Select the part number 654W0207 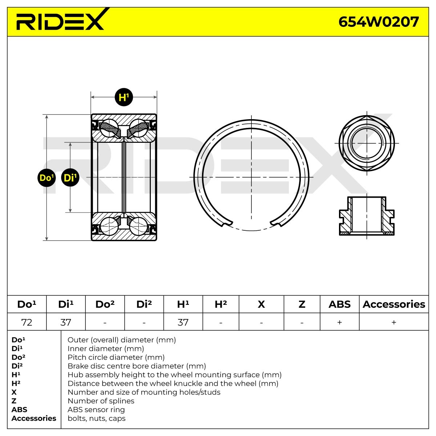coord(379,22)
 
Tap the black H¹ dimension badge coord(124,97)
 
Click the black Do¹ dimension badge coord(47,178)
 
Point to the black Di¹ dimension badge coord(70,178)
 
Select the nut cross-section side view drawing coord(367,216)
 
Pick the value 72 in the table coord(27,322)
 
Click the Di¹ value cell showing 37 coord(66,322)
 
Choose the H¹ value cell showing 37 coord(183,322)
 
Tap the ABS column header coord(339,304)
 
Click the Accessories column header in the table coord(394,304)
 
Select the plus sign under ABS coord(339,322)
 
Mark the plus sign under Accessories coord(394,322)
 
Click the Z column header coord(302,304)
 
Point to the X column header coord(261,304)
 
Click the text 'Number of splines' coord(101,401)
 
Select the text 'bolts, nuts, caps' coord(97,418)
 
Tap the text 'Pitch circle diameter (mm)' coord(116,357)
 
